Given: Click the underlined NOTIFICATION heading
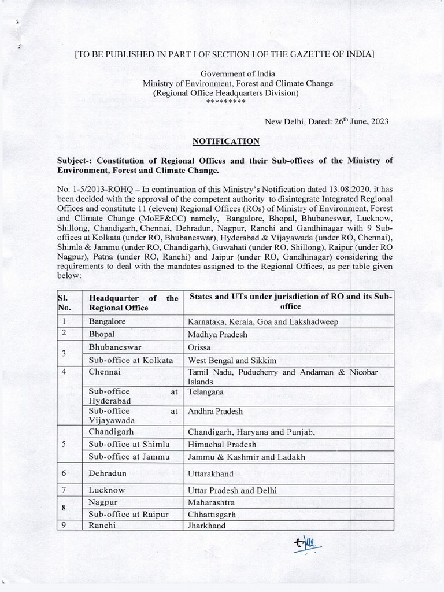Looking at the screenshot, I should [226, 141].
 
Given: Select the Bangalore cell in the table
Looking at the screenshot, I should [108, 321].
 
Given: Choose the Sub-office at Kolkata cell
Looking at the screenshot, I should [131, 360].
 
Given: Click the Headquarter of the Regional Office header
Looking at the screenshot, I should [133, 302].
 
